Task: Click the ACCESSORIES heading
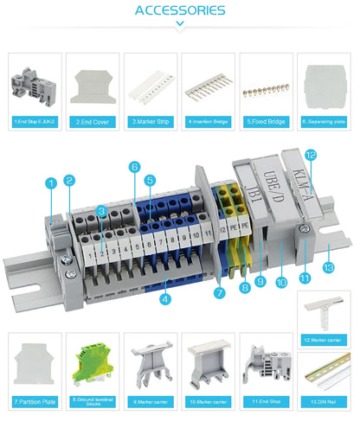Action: click(x=180, y=10)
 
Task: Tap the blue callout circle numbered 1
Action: click(x=51, y=182)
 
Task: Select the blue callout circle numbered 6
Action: click(x=134, y=166)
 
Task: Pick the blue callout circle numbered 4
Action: click(x=166, y=299)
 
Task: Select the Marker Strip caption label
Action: click(x=151, y=122)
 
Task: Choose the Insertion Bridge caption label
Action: click(x=209, y=122)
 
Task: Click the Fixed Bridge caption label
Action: click(x=267, y=122)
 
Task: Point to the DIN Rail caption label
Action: click(x=325, y=402)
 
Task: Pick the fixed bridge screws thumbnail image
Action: click(x=267, y=88)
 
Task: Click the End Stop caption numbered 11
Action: click(x=267, y=402)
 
